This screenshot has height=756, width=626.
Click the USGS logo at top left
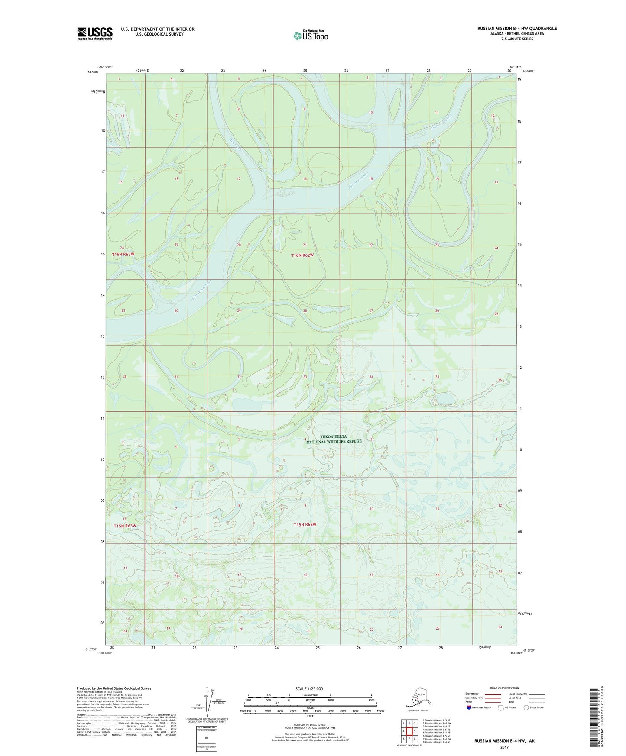[x=94, y=33]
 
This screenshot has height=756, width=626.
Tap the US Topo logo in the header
[x=310, y=35]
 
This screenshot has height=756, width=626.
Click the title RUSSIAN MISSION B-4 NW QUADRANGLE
[x=517, y=29]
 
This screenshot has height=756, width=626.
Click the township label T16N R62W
[x=302, y=255]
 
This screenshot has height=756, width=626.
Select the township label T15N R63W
[x=125, y=526]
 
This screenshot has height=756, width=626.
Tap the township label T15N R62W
[x=305, y=525]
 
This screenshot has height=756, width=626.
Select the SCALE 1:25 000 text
[x=309, y=689]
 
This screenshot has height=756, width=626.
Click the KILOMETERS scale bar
[x=309, y=698]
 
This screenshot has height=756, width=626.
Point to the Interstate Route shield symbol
[x=469, y=708]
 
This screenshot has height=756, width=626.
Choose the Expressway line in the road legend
[x=490, y=694]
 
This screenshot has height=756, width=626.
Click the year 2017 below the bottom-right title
[x=504, y=747]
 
